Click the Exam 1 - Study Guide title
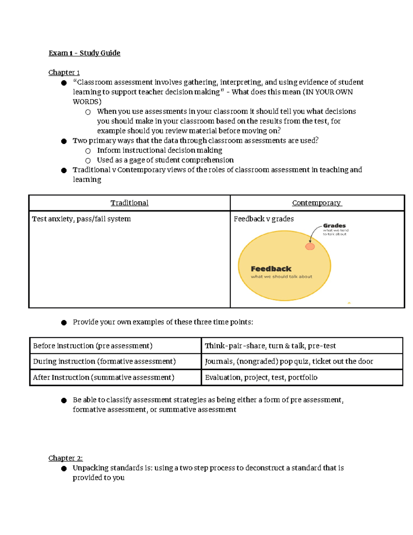click(84, 53)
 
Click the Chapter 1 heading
click(64, 72)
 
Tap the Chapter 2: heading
click(65, 458)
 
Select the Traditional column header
click(129, 203)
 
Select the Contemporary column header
click(317, 203)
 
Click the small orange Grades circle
click(310, 246)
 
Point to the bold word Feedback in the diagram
click(271, 269)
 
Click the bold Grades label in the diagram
click(334, 226)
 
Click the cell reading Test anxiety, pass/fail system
click(81, 219)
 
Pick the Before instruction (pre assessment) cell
click(93, 346)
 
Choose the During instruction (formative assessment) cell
click(104, 361)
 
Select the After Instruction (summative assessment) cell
click(104, 378)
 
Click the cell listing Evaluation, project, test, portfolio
click(261, 378)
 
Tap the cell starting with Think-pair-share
click(270, 346)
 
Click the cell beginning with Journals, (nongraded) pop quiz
click(289, 361)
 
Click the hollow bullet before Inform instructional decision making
click(88, 151)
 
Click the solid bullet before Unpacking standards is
click(64, 469)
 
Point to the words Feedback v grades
click(264, 219)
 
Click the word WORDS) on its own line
click(87, 102)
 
